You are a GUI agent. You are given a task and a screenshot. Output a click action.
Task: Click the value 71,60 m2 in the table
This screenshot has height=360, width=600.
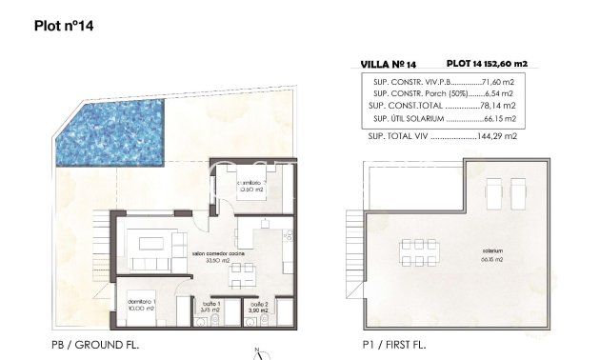tap(500, 82)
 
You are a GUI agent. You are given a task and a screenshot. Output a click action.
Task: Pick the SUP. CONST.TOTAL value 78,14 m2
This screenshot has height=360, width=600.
tap(501, 107)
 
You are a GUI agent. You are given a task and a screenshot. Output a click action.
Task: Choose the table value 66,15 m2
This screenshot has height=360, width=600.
tap(501, 119)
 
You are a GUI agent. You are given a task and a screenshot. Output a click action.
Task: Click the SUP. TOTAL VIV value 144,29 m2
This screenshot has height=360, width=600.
tap(501, 137)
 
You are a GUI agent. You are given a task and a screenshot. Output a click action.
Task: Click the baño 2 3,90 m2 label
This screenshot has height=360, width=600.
tap(259, 308)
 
